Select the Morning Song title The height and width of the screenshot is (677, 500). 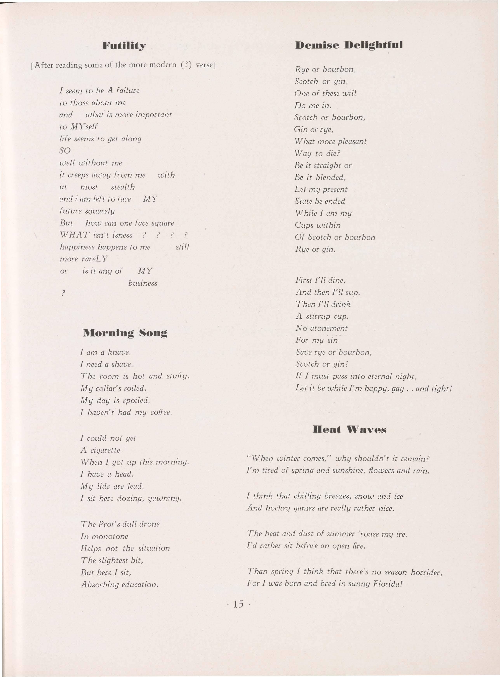pyautogui.click(x=125, y=333)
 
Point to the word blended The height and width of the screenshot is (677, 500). pyautogui.click(x=330, y=177)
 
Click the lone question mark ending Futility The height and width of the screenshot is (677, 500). pyautogui.click(x=63, y=293)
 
